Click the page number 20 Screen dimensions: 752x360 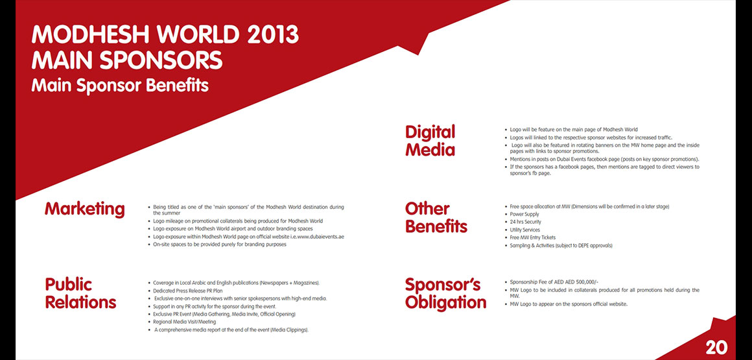(x=716, y=348)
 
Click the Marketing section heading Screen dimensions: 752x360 (x=84, y=210)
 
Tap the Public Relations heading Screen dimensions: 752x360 (x=80, y=293)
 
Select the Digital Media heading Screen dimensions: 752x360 (x=430, y=141)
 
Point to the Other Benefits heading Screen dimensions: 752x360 (x=436, y=217)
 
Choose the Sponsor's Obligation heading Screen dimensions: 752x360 (x=445, y=293)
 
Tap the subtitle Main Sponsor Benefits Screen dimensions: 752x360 (x=120, y=86)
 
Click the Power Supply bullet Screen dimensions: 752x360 (x=524, y=214)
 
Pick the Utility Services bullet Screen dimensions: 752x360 (x=524, y=230)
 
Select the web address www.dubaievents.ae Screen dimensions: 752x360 (x=320, y=237)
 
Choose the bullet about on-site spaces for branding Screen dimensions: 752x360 (x=220, y=245)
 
